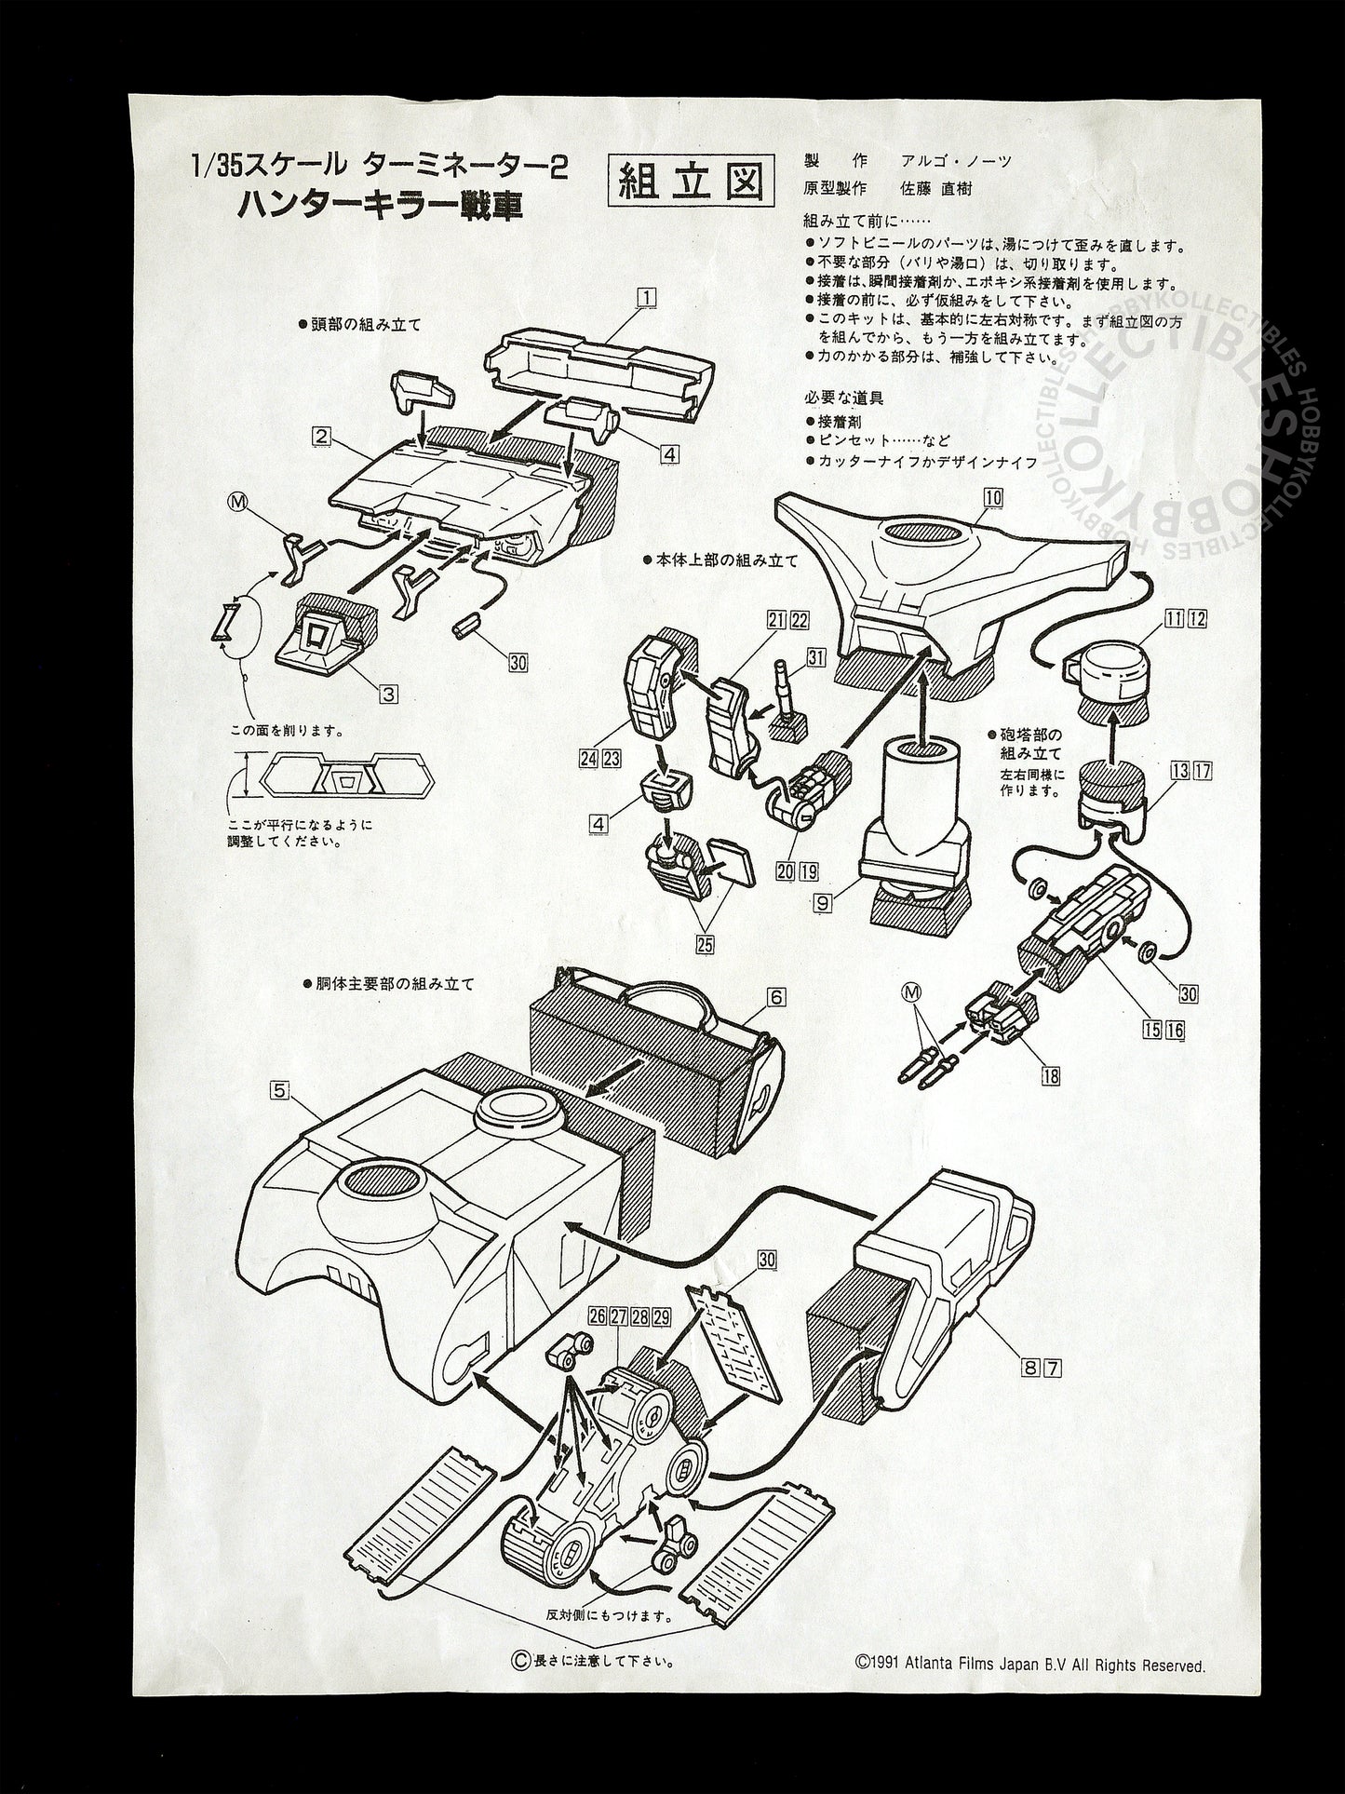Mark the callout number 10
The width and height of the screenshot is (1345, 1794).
point(993,497)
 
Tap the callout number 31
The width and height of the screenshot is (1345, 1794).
point(816,657)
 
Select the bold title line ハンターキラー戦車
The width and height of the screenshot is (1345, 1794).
point(379,206)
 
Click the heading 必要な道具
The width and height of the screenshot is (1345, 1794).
point(843,398)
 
